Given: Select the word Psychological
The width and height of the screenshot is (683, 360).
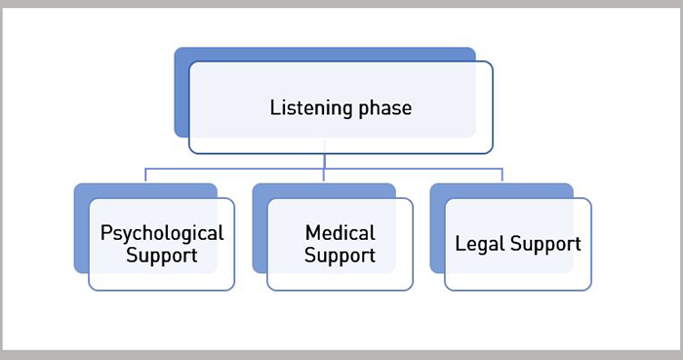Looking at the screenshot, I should [162, 233].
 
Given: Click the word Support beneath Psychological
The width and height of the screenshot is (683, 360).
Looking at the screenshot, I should [162, 256].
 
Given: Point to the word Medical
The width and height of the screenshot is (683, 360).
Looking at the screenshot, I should [340, 233].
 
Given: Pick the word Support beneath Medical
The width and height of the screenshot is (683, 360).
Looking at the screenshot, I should [340, 256].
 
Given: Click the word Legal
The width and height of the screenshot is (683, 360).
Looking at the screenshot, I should [478, 244].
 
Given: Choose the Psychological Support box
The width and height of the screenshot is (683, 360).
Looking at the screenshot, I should [162, 278].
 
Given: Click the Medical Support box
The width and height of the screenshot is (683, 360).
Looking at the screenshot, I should [340, 278].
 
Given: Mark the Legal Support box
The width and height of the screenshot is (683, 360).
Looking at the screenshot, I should [517, 278].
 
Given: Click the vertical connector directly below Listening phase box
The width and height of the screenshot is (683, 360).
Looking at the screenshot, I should [324, 161].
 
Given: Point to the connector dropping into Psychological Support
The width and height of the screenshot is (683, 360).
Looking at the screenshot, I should [146, 176].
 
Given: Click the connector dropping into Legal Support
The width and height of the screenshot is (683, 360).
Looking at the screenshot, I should [502, 176].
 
